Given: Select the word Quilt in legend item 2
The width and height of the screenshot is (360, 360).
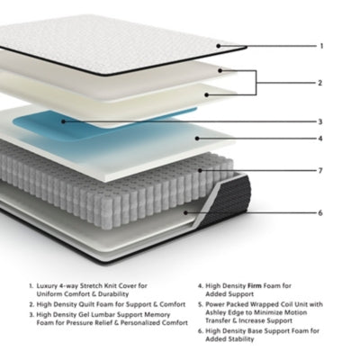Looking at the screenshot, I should click(x=87, y=303).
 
